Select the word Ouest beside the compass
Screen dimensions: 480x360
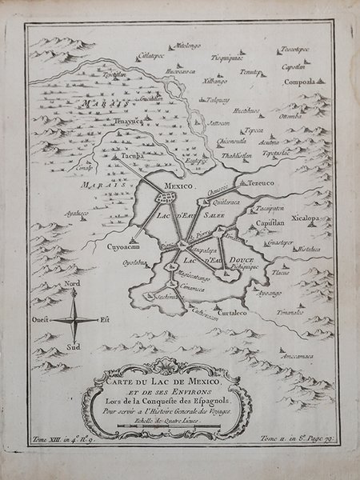click(x=42, y=318)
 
